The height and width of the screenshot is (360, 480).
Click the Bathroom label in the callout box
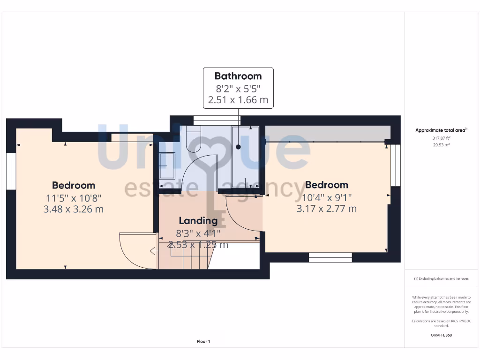click(238, 76)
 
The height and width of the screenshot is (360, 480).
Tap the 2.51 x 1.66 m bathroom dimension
click(238, 100)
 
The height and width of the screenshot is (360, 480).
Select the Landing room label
click(198, 220)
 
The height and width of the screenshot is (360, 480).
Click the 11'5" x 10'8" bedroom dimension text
click(74, 198)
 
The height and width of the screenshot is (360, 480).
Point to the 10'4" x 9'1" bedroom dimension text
click(326, 197)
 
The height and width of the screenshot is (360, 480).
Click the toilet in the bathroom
click(193, 139)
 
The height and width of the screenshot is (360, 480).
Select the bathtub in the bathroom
click(245, 159)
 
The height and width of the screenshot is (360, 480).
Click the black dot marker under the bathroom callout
click(238, 147)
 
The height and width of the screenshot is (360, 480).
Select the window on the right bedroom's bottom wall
click(330, 257)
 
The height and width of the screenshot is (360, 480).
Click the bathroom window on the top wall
click(217, 120)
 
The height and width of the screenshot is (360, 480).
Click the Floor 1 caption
click(203, 342)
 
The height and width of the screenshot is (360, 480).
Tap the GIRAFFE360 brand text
click(442, 335)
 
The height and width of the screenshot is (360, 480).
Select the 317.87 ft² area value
click(442, 138)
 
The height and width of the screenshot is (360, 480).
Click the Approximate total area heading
click(442, 130)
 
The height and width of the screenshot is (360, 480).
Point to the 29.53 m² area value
click(442, 145)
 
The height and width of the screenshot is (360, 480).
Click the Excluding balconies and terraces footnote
click(442, 278)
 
